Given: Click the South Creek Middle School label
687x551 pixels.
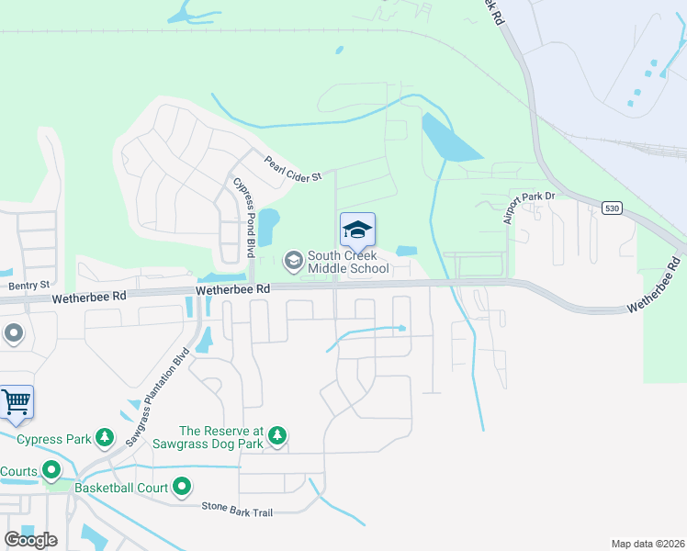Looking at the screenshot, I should coord(347,262).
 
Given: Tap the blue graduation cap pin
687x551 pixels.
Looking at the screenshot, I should coord(357,230).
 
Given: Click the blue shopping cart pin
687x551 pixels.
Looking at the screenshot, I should coord(17,401).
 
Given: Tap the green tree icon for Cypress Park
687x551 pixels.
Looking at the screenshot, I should coord(106,436).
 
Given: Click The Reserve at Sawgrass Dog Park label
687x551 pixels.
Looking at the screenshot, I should coord(220,437).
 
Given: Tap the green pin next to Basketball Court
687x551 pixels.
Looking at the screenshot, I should coord(182,486).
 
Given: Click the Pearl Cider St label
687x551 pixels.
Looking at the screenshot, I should coord(293,169).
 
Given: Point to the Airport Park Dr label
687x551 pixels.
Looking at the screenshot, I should coord(530,207).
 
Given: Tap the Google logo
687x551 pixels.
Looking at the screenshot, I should coord(30,539).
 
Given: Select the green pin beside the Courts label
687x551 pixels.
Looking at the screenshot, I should coord(51,471).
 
